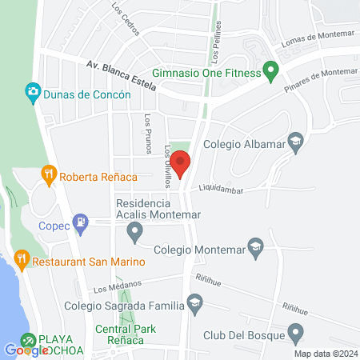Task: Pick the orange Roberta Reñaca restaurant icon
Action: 49,175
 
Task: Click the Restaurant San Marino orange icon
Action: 22,260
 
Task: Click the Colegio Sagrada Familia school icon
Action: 194,302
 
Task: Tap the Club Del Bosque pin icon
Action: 296,331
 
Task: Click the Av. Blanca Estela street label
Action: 121,76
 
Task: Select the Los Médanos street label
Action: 118,285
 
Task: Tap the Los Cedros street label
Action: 126,22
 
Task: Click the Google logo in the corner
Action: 26,350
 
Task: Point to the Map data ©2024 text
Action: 326,354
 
